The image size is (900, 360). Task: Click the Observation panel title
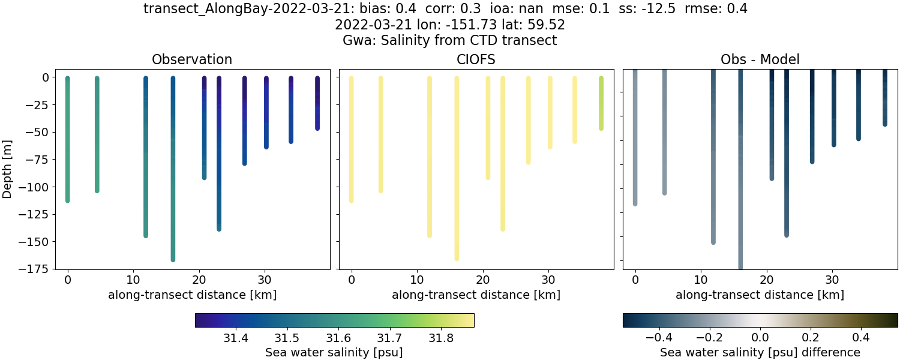click(191, 59)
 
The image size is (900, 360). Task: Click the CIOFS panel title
click(476, 59)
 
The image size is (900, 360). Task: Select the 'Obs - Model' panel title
click(760, 59)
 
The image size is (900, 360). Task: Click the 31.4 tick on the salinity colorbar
click(236, 338)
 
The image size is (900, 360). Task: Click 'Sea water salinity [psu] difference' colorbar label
click(760, 352)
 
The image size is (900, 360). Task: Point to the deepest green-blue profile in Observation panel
click(173, 180)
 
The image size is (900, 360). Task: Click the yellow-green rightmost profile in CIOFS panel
click(601, 103)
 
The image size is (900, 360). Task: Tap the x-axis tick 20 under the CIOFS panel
click(483, 280)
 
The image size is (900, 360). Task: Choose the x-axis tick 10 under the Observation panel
click(133, 280)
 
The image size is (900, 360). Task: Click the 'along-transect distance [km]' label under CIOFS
click(476, 295)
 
